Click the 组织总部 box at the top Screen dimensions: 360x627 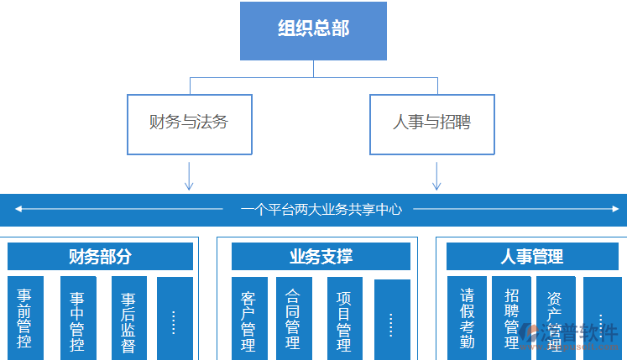313,30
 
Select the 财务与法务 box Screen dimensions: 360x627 189,123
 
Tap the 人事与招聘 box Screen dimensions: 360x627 431,123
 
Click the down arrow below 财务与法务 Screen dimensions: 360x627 189,175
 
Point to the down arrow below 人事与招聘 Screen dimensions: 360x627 436,175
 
